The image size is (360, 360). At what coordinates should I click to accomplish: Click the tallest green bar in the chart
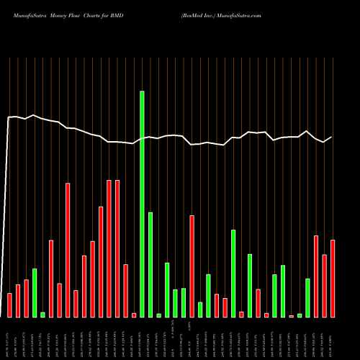click(x=142, y=204)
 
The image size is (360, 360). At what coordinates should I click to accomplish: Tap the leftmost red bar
click(x=9, y=305)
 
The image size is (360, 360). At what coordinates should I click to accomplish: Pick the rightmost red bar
click(x=333, y=279)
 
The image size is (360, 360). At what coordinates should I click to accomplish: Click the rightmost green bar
click(x=307, y=298)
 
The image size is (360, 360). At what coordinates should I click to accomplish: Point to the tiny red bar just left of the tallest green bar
click(x=134, y=315)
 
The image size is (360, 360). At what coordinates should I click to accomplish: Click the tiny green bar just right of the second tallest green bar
click(x=158, y=315)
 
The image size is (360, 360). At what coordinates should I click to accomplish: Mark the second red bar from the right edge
click(x=324, y=286)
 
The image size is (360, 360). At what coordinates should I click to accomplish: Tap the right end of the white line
click(x=332, y=137)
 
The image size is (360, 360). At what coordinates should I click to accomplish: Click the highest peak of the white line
click(x=34, y=114)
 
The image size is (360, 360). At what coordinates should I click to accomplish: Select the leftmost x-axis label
click(x=9, y=338)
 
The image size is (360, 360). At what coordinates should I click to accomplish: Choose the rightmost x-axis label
click(x=333, y=338)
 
